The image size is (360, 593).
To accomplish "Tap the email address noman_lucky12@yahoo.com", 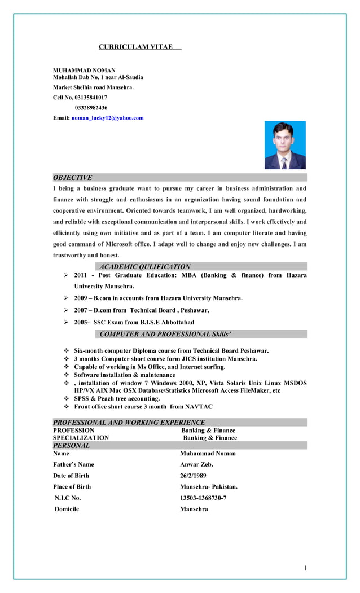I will (x=107, y=118).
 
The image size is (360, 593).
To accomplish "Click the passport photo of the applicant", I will (x=285, y=145).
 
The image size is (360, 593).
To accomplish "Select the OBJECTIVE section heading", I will (x=72, y=178).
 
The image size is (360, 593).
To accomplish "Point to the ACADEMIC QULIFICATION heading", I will (x=145, y=266).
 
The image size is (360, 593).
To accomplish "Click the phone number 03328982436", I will (x=91, y=107).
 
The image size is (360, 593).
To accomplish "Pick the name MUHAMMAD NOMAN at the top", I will (x=84, y=71).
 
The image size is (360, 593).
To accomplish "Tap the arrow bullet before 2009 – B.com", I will (x=65, y=298).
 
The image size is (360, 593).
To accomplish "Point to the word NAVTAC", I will (x=200, y=406).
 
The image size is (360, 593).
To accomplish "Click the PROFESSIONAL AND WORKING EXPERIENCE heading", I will (x=129, y=422).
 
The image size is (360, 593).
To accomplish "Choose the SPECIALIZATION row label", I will (x=81, y=437).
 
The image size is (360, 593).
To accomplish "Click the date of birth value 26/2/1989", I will (x=193, y=476).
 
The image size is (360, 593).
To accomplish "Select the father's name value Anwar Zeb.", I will (x=196, y=464).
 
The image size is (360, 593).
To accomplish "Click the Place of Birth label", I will (x=72, y=486).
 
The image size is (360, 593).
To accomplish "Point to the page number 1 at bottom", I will (x=305, y=568).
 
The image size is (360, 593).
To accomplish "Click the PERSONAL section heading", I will (x=71, y=445).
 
